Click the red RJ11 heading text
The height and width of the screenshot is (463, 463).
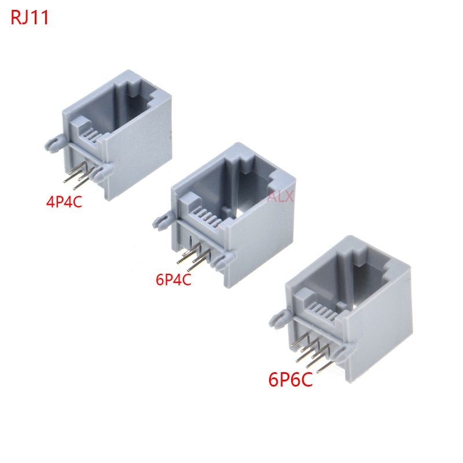pyautogui.click(x=30, y=18)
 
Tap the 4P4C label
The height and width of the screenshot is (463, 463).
pyautogui.click(x=64, y=202)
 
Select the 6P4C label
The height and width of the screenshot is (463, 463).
pyautogui.click(x=174, y=280)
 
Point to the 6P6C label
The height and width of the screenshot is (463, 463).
pyautogui.click(x=291, y=380)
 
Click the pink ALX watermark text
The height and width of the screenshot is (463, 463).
pyautogui.click(x=281, y=197)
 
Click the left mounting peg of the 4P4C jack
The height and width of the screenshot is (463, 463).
pyautogui.click(x=55, y=143)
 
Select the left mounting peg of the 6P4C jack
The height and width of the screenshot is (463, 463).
pyautogui.click(x=163, y=220)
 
